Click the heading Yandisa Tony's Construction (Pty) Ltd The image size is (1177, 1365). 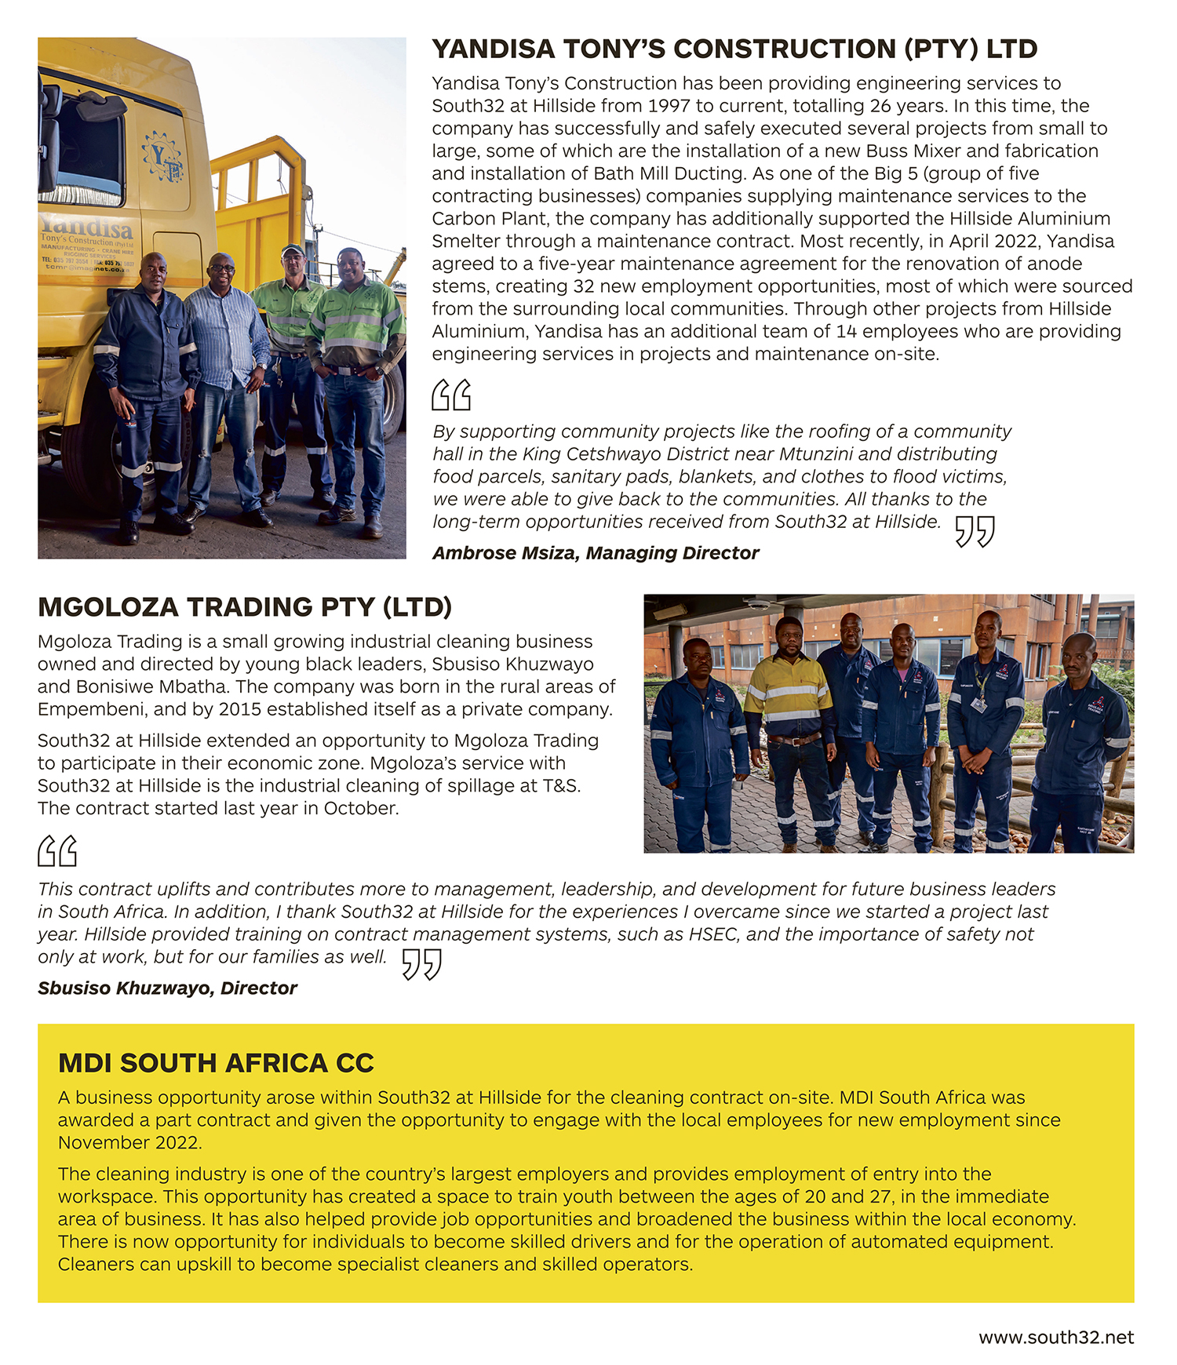tap(734, 49)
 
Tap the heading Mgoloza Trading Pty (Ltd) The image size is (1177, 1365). tap(245, 607)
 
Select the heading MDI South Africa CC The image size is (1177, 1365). tap(216, 1063)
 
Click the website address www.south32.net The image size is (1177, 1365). tap(1055, 1338)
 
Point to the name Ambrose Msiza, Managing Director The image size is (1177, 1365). tap(596, 553)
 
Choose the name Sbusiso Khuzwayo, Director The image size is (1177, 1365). tap(167, 988)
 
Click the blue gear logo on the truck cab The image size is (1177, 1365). tap(163, 156)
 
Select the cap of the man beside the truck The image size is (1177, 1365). tap(293, 250)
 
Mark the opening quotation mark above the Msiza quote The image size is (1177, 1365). tap(451, 395)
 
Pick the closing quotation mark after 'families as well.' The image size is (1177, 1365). tap(422, 964)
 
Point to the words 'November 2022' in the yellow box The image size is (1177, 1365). tap(129, 1143)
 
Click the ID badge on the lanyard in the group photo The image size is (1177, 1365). tap(978, 704)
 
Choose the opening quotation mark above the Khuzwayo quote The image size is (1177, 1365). tap(57, 851)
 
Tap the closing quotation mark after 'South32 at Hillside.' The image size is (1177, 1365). tap(975, 531)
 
